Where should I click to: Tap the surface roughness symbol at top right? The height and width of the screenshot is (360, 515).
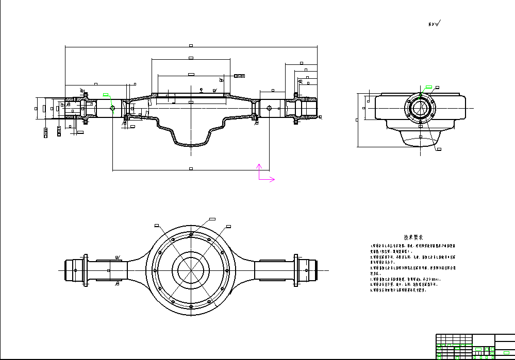(435, 24)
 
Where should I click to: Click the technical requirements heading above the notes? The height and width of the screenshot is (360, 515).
(413, 237)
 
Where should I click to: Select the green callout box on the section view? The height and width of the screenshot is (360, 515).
(106, 95)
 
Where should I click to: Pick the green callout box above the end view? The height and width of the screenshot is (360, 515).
(428, 87)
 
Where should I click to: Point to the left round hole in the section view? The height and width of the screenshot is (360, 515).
(112, 108)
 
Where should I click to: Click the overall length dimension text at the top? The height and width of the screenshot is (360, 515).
(191, 45)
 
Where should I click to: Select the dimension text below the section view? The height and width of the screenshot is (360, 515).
(191, 168)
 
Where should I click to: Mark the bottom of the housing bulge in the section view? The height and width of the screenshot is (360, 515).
(191, 146)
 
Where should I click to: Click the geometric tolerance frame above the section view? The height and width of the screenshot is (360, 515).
(239, 76)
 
